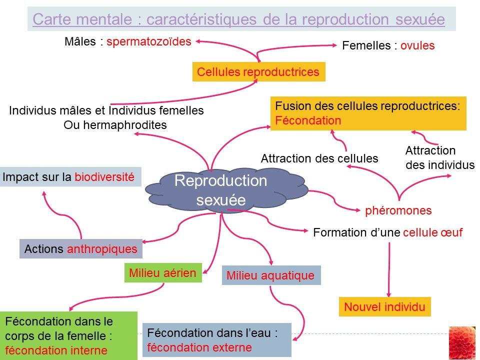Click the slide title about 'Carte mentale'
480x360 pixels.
238,19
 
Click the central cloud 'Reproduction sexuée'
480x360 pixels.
221,190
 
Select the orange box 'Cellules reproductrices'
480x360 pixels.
258,72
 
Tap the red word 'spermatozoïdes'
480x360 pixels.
149,41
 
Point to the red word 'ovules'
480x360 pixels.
417,46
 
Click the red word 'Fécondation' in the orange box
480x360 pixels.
308,120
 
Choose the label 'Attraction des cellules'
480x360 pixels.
319,159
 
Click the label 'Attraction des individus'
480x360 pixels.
439,157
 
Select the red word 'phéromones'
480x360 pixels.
398,210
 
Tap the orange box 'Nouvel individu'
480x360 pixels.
384,306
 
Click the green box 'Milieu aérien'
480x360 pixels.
162,273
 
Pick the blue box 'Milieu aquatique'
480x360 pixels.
270,275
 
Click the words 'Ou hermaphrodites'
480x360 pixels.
115,125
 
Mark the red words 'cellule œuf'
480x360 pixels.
432,232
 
